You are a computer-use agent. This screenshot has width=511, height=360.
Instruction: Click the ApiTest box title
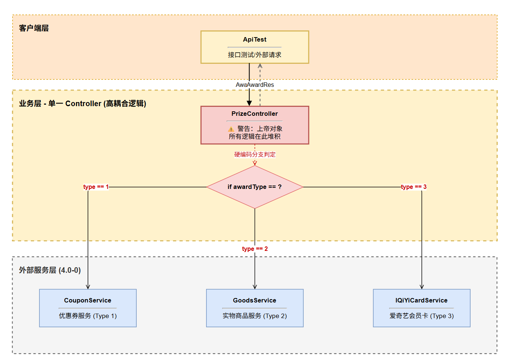pos(255,39)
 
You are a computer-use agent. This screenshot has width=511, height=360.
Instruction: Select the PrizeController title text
pos(255,114)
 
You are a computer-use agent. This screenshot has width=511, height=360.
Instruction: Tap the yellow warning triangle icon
pos(231,129)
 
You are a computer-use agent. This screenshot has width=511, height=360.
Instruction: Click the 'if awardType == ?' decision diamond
pos(255,187)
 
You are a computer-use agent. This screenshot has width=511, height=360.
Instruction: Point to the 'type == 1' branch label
pos(96,187)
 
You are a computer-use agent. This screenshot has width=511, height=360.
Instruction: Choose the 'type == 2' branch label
pos(255,249)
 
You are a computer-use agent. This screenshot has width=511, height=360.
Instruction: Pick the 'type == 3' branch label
pos(414,187)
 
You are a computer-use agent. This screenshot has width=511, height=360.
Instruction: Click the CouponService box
pos(88,308)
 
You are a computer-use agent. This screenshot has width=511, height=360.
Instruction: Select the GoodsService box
pos(255,308)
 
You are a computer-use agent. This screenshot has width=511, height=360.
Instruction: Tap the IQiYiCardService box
pos(422,308)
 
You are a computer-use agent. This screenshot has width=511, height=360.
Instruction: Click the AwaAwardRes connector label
pos(255,85)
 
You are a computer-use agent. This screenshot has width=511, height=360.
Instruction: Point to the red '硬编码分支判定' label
pos(255,155)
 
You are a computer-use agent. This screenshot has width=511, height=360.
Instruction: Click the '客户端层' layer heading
pos(34,28)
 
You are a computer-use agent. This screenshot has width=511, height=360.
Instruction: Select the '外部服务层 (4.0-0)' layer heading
pos(50,270)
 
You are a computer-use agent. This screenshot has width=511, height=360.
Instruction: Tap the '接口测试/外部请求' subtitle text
pos(255,55)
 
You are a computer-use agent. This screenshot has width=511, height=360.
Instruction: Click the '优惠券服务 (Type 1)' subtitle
pos(88,316)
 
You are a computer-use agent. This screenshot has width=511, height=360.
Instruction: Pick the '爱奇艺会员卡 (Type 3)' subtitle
pos(422,316)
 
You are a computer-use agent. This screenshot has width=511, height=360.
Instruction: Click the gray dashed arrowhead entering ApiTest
pos(260,66)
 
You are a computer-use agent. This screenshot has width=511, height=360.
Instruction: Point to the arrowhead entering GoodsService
pos(255,287)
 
